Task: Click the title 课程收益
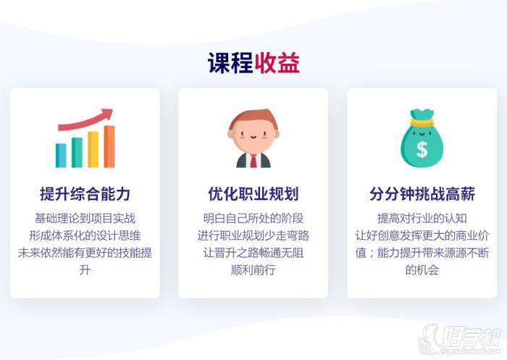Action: pos(253,63)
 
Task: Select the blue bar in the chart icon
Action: pos(61,155)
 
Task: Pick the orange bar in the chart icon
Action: pos(109,146)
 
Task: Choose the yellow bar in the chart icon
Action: pos(93,149)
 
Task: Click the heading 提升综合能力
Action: pos(85,194)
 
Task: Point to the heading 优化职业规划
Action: pos(253,194)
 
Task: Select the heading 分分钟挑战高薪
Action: pos(422,194)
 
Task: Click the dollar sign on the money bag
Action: pos(422,149)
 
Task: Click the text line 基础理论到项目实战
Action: pos(85,218)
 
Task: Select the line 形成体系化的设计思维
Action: pos(85,235)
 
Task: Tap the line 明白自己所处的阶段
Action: pos(253,218)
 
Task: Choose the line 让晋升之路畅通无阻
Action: pos(253,253)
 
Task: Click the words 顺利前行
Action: pos(253,270)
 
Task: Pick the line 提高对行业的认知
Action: pos(422,218)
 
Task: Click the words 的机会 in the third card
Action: pos(422,270)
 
